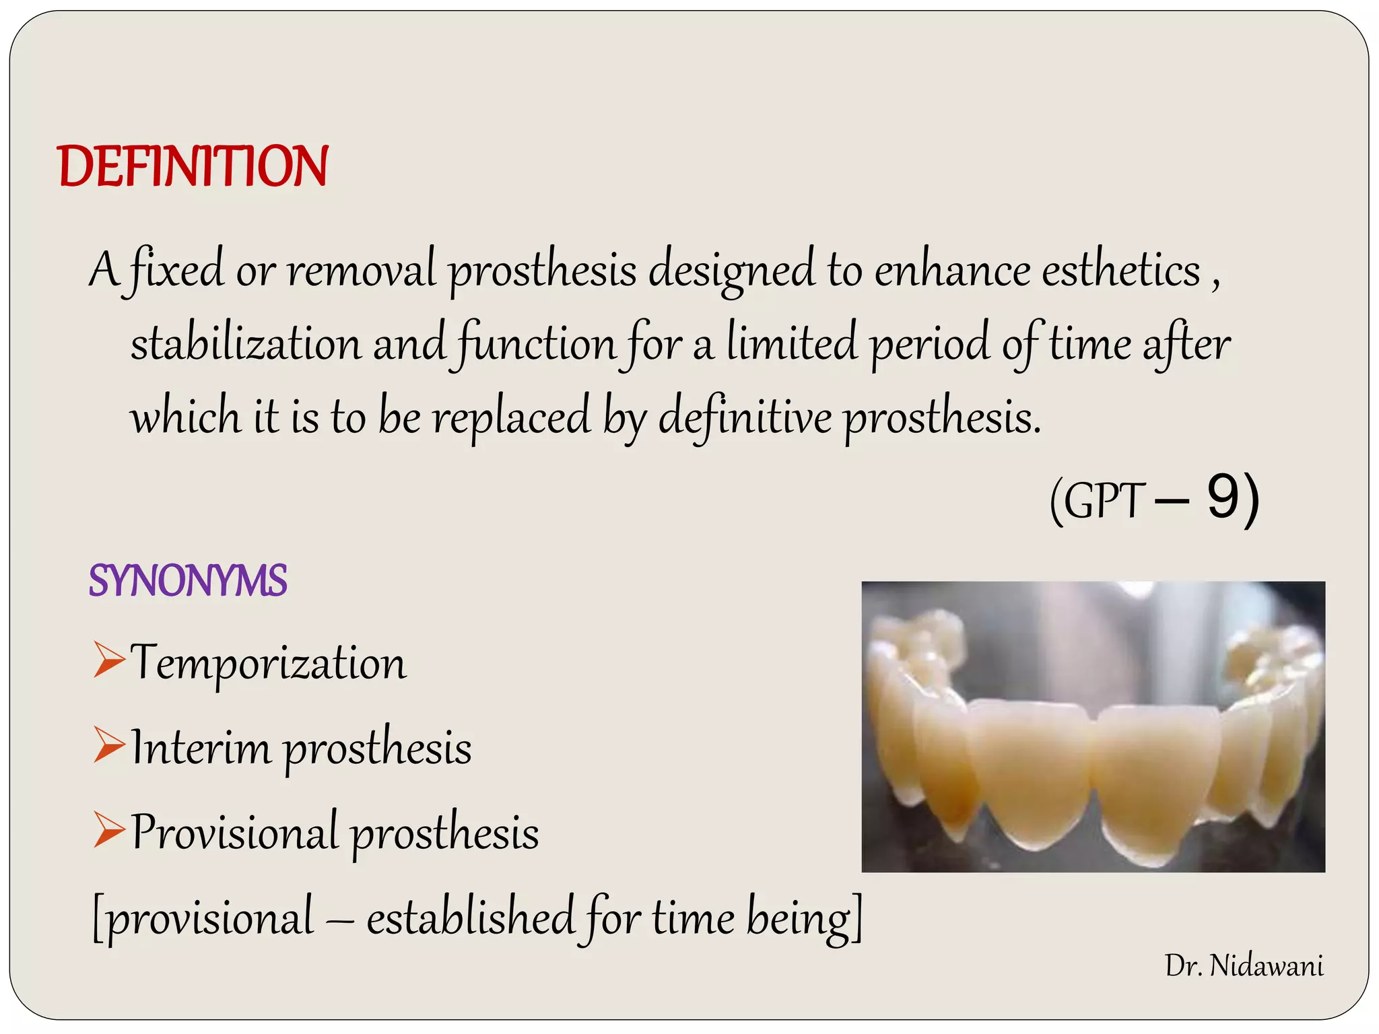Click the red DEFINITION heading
pos(193,166)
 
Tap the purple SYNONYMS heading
pos(188,580)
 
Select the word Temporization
pos(269,662)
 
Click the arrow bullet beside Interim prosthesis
pos(109,745)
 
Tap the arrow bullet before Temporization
pos(109,660)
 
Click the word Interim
pos(201,747)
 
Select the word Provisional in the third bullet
pos(234,832)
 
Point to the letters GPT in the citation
pos(1105,502)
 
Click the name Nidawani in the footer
pos(1266,966)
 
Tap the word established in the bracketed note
pos(469,917)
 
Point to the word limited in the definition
pos(792,343)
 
